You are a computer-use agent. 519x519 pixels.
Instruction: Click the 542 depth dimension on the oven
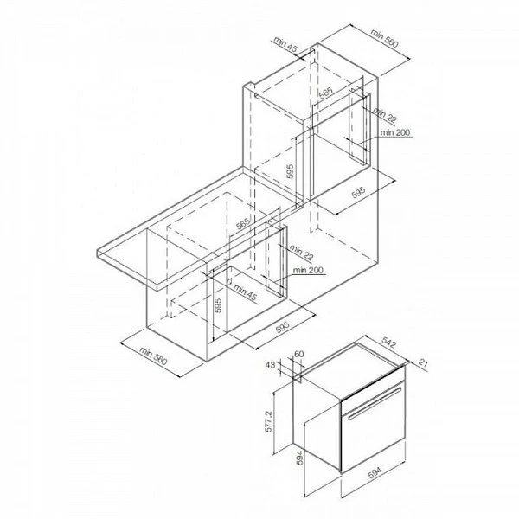388,343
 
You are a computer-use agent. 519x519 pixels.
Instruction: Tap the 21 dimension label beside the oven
423,362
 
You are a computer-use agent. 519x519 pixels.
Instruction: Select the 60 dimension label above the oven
299,354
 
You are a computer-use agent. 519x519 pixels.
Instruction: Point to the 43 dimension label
270,365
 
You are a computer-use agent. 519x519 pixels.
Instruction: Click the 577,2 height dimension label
268,421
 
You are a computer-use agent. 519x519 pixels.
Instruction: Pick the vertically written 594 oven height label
299,458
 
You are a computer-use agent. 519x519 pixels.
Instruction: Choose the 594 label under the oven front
375,472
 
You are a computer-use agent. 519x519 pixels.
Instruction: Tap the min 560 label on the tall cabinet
385,39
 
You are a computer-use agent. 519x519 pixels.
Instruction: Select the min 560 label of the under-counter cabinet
153,356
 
